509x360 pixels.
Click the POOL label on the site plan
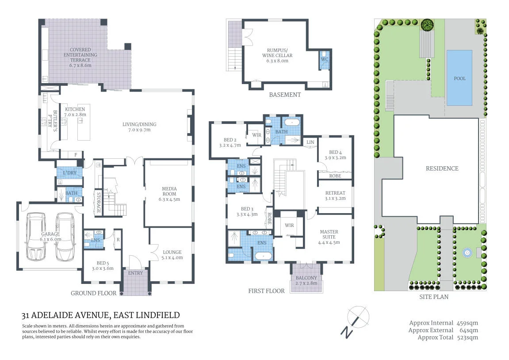tap(459, 79)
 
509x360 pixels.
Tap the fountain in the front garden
tap(467, 253)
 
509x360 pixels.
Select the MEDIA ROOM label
tap(169, 191)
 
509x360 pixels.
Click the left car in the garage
tap(36, 236)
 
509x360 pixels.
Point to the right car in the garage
tap(65, 237)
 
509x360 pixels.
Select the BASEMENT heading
tap(285, 95)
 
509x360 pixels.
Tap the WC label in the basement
tap(324, 59)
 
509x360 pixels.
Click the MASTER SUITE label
tap(329, 234)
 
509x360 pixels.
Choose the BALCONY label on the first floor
tap(306, 278)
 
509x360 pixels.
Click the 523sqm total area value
tap(467, 337)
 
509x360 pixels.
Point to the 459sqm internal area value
tap(467, 323)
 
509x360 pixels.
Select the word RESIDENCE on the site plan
tap(442, 169)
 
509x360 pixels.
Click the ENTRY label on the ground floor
tap(135, 273)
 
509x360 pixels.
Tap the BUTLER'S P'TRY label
tap(52, 121)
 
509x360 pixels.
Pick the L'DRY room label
tap(70, 172)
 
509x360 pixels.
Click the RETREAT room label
tap(335, 193)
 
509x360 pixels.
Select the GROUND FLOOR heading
tap(93, 293)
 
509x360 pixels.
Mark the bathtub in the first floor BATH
tap(292, 123)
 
